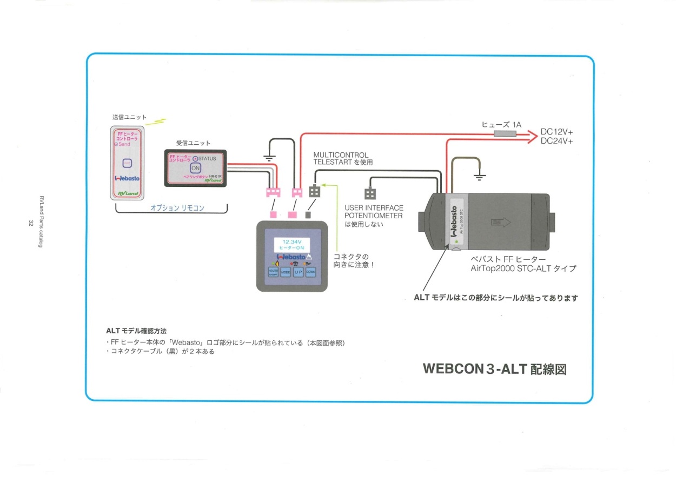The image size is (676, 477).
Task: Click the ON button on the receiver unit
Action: tap(195, 168)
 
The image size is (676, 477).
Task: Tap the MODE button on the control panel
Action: tap(285, 272)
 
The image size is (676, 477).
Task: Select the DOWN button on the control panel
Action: tap(311, 272)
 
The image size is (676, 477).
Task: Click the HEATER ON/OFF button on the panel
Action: tap(273, 272)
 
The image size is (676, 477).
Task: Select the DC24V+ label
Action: tap(557, 141)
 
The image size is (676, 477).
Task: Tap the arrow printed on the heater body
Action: tap(498, 221)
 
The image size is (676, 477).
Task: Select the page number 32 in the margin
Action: tap(31, 223)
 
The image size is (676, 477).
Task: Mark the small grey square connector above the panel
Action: tap(308, 214)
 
